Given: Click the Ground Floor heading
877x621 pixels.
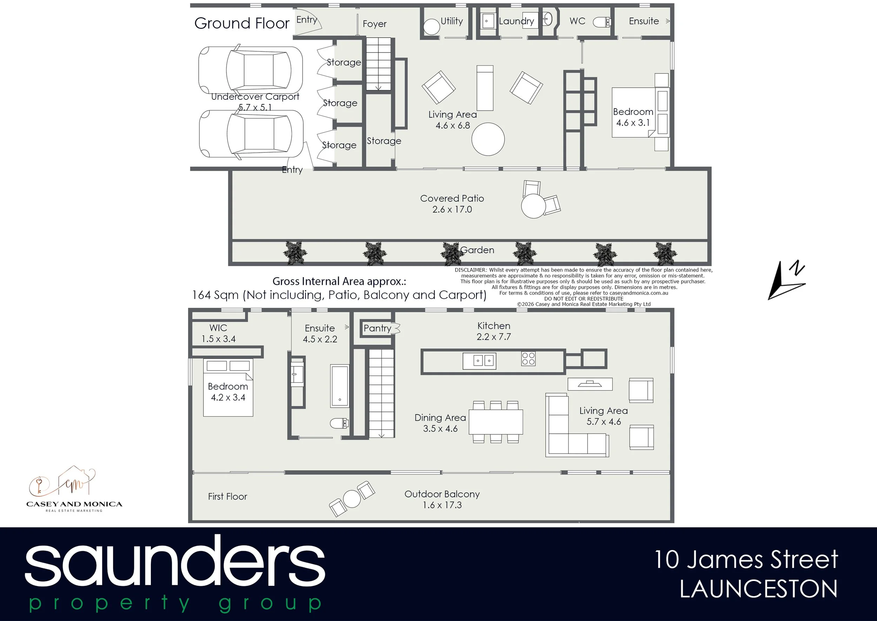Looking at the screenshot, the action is pos(242,23).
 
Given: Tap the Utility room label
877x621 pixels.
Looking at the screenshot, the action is pos(451,21).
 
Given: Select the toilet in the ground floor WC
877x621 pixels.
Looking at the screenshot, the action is pos(602,22).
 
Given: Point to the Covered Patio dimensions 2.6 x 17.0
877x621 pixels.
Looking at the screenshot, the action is pos(452,210).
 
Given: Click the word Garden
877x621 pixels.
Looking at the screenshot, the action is pos(477,250).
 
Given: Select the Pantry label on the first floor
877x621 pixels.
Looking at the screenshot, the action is pos(377,328).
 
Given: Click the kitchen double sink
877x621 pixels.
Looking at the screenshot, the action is pos(480,361).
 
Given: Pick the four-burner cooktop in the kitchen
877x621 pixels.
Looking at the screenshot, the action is pos(528,359).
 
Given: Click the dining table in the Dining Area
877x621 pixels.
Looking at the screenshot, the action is pos(496,422).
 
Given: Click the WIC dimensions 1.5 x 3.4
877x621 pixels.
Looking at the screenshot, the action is pos(219,339).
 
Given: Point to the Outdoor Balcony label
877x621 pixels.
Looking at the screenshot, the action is pos(442,494).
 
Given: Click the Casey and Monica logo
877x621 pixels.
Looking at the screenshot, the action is pos(74,489).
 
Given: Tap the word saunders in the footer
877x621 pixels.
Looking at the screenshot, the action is pos(175,561).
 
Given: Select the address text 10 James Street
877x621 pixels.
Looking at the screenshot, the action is pos(746,560).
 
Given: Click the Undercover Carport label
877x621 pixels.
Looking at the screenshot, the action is pos(255,97).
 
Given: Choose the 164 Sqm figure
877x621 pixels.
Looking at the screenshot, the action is pos(215,295).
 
